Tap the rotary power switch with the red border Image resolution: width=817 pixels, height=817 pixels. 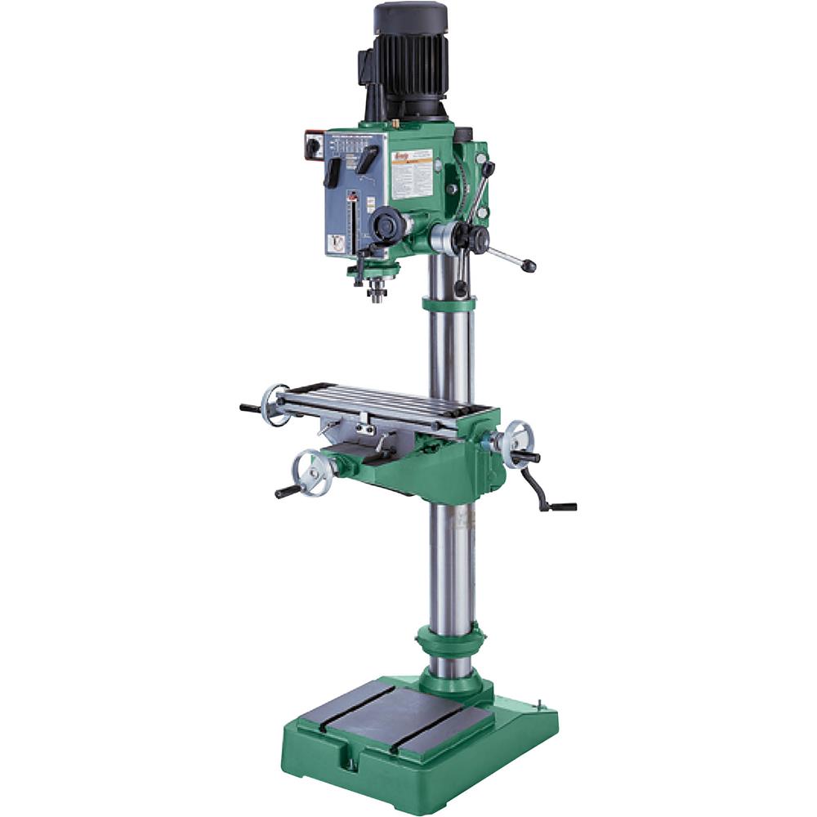pyautogui.click(x=314, y=146)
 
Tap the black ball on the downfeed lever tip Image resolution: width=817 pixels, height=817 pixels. pyautogui.click(x=530, y=266)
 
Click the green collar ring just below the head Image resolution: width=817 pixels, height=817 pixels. pyautogui.click(x=449, y=304)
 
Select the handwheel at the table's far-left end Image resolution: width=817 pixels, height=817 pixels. pyautogui.click(x=275, y=405)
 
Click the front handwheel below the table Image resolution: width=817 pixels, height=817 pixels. pyautogui.click(x=312, y=472)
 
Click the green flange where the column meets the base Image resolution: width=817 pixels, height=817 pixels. pyautogui.click(x=450, y=683)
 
